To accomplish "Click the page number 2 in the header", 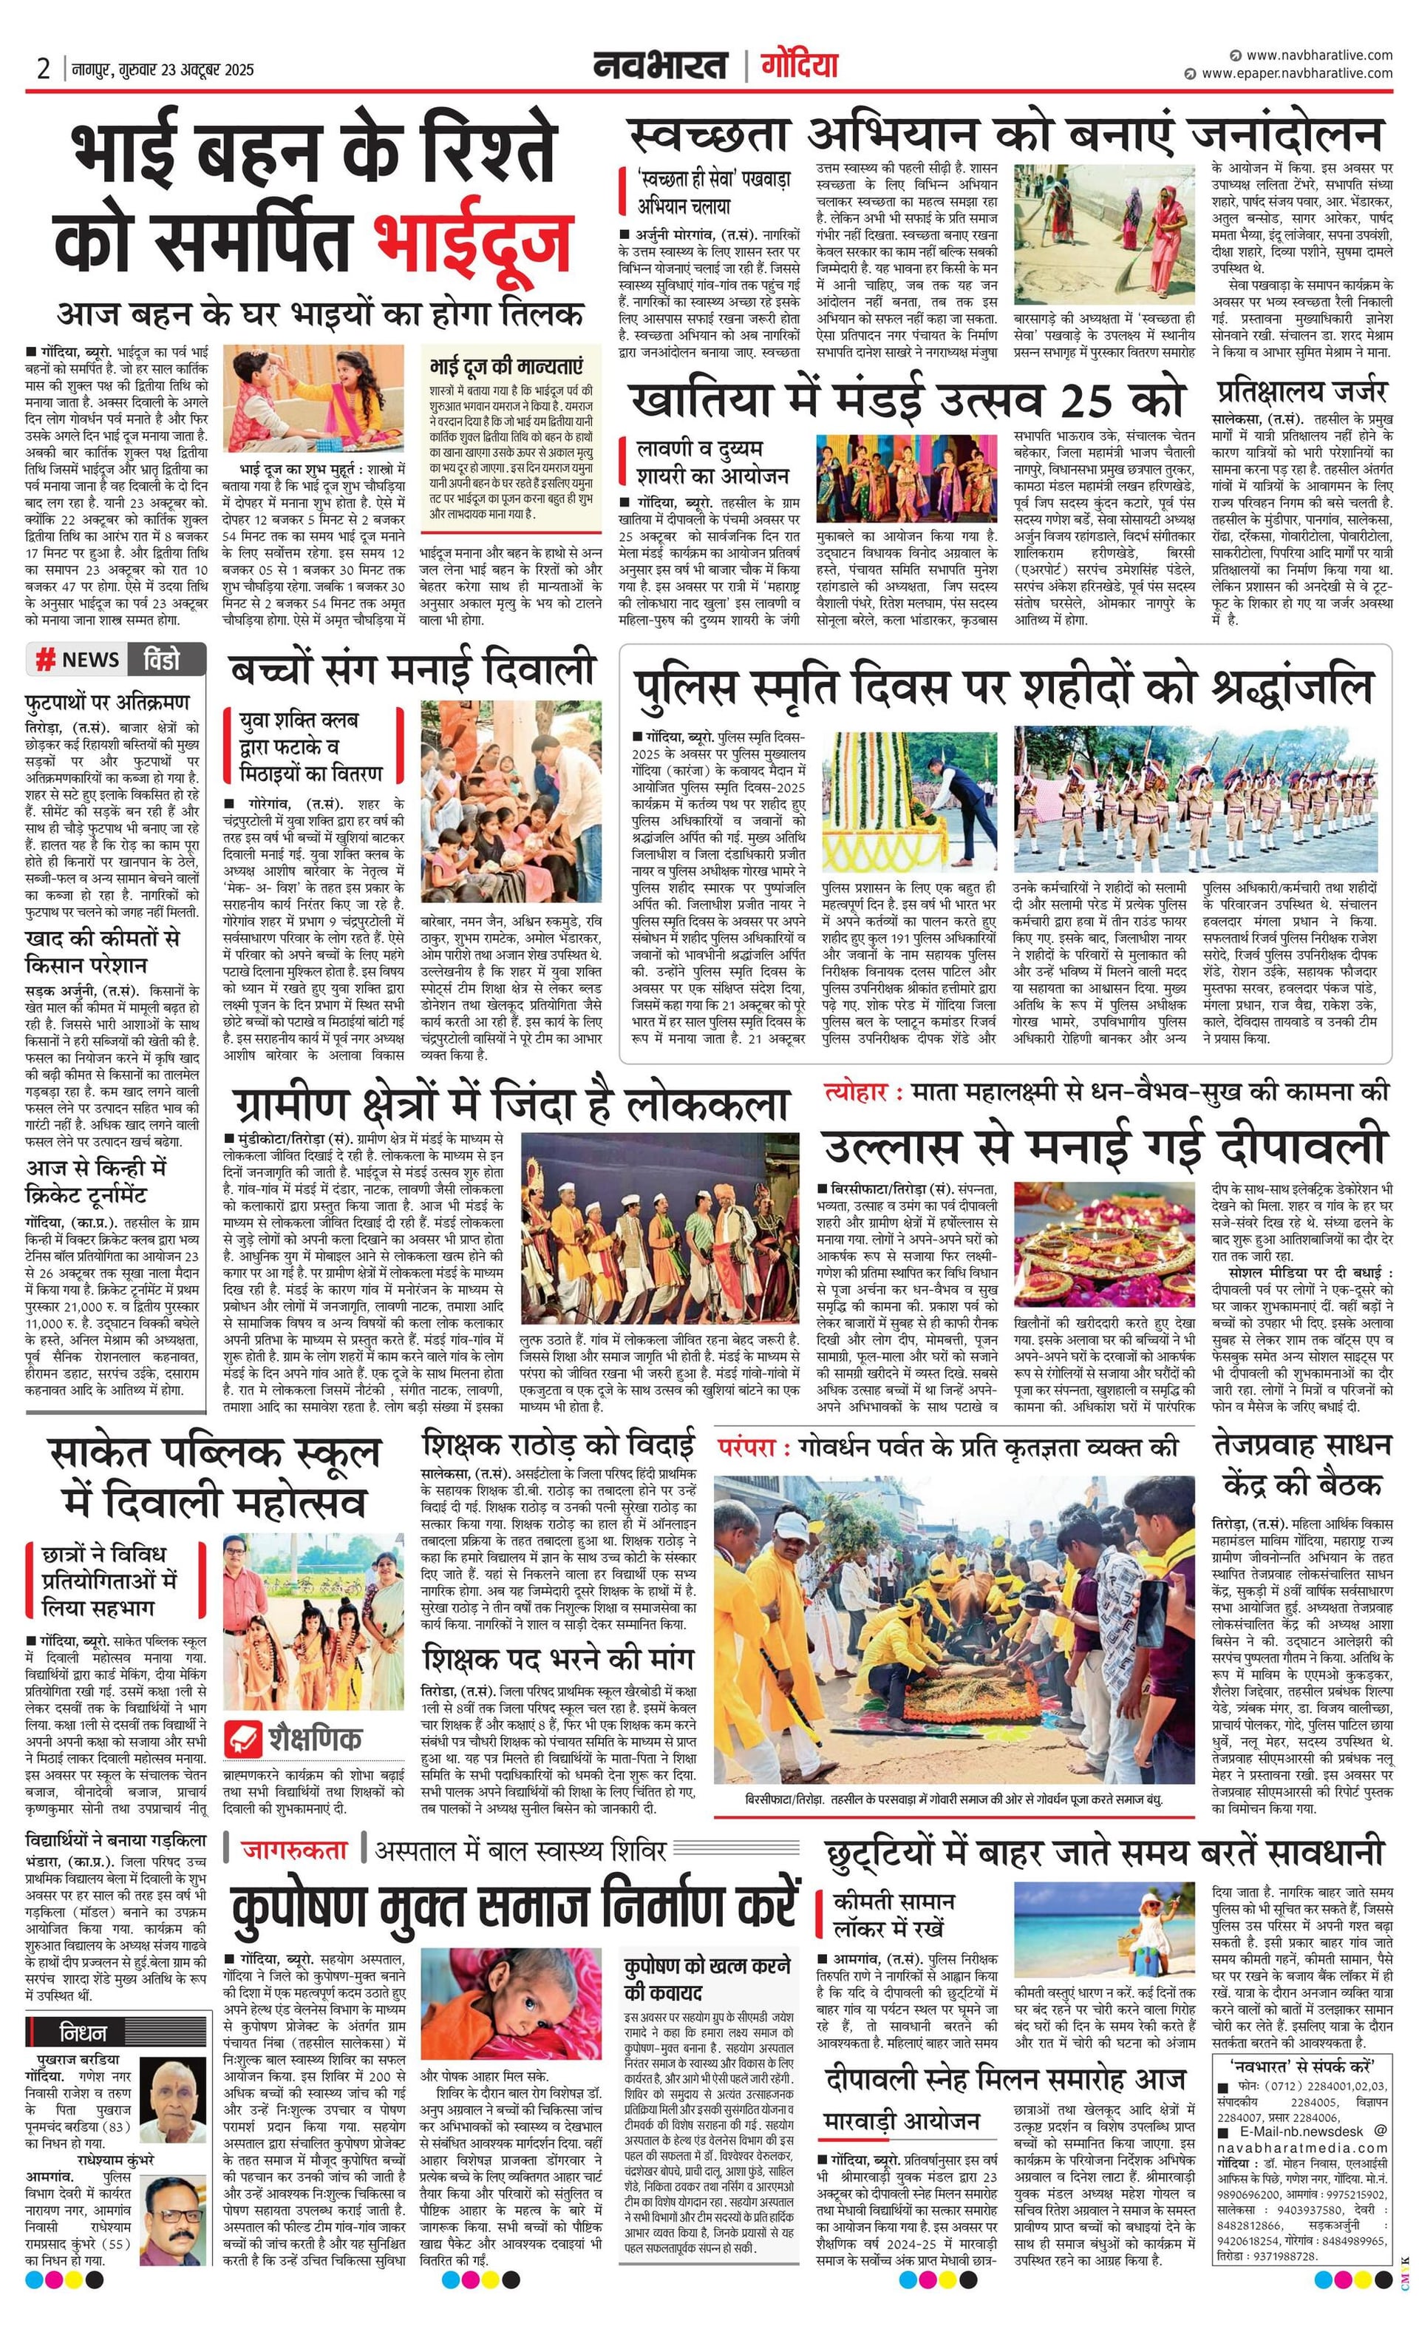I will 44,69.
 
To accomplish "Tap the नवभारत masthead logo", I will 660,65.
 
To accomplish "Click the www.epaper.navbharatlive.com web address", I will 1296,73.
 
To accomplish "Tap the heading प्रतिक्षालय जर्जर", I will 1301,392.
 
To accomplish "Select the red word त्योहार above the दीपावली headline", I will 856,1093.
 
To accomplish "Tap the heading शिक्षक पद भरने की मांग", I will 558,1659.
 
